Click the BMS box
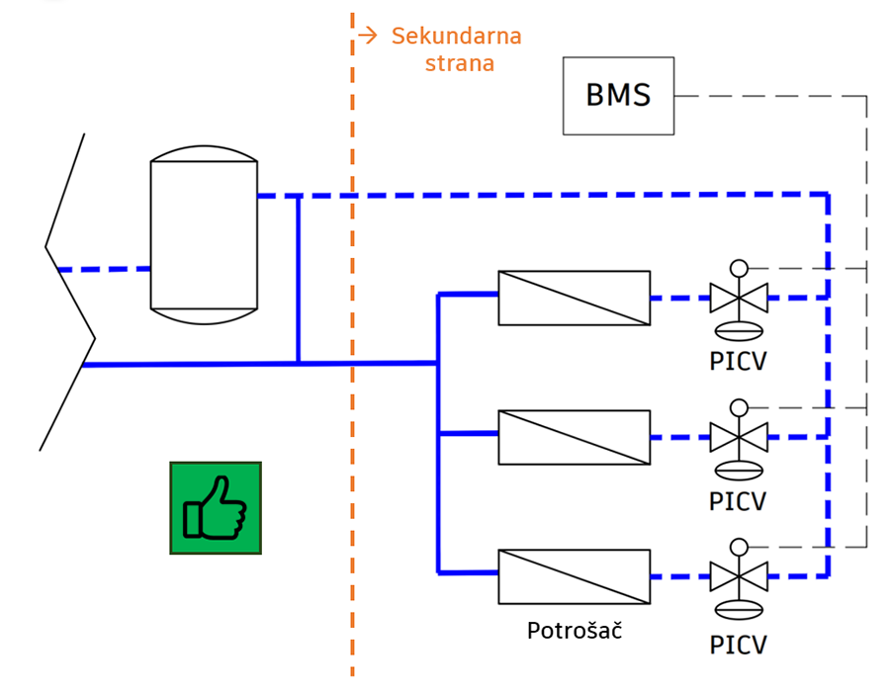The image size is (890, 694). pyautogui.click(x=618, y=95)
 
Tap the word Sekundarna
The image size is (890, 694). pyautogui.click(x=456, y=36)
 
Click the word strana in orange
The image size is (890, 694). pyautogui.click(x=460, y=63)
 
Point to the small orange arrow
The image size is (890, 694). pyautogui.click(x=368, y=36)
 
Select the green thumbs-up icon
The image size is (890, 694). pyautogui.click(x=216, y=508)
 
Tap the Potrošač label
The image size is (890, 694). pyautogui.click(x=575, y=630)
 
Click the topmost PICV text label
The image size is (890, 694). pyautogui.click(x=738, y=361)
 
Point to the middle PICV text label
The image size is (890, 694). pyautogui.click(x=738, y=501)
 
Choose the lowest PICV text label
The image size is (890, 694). pyautogui.click(x=738, y=645)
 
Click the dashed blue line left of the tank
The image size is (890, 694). pyautogui.click(x=105, y=269)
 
